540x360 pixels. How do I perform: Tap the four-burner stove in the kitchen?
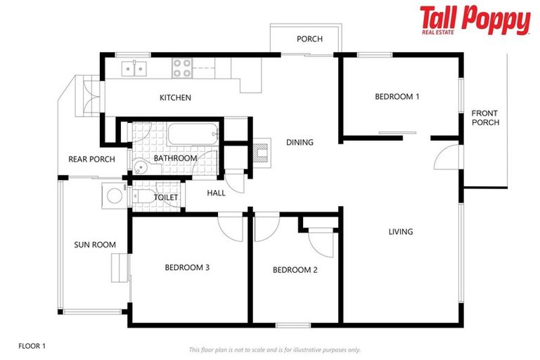[183, 68]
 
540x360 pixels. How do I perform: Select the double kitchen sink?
[133, 68]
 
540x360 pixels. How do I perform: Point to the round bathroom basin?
[141, 167]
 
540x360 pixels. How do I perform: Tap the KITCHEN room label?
[175, 98]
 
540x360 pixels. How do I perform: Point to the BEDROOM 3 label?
[187, 267]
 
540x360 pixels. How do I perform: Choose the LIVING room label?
[401, 231]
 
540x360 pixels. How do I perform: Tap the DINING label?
[300, 143]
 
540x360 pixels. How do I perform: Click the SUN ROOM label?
[95, 245]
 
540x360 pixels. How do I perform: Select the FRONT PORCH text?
[485, 117]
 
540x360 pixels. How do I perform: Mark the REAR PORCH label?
[91, 159]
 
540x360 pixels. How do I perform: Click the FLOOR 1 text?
[32, 346]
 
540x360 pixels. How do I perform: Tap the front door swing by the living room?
[447, 157]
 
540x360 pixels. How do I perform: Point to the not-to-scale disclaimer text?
[274, 349]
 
